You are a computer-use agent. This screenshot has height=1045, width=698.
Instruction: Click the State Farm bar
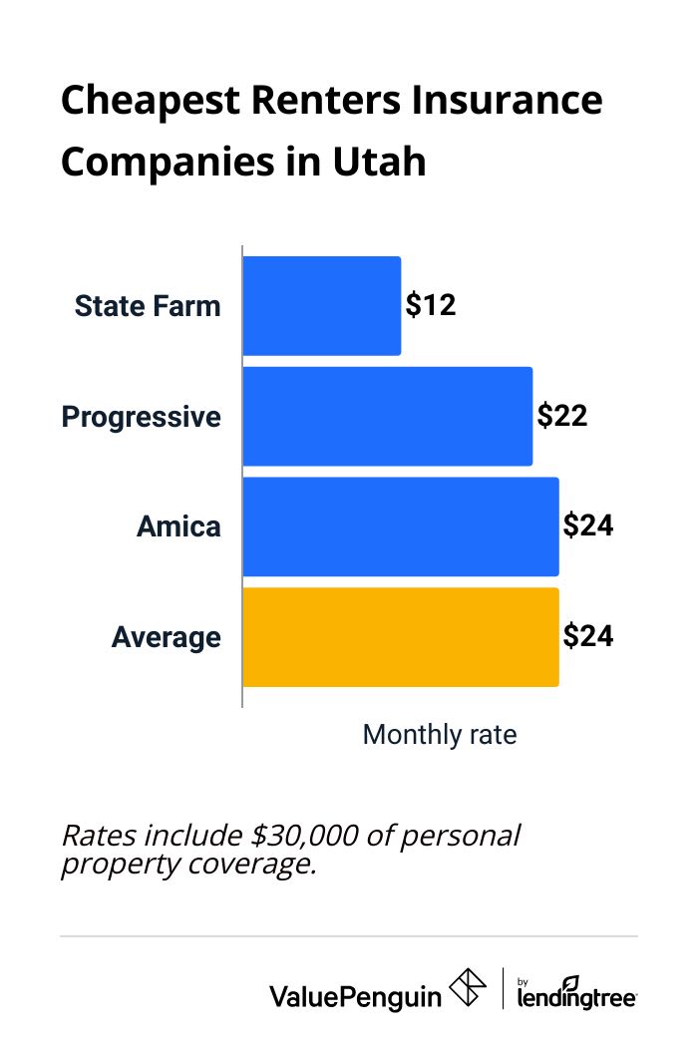321,305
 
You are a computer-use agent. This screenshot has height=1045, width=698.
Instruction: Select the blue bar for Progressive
387,416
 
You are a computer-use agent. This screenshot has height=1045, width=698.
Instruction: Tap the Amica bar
400,526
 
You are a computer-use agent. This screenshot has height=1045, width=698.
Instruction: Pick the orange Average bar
400,637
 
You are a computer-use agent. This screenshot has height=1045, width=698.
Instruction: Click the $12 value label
431,305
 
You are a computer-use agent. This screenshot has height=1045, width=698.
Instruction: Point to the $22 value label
562,416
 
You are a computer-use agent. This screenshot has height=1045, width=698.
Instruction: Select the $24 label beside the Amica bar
588,526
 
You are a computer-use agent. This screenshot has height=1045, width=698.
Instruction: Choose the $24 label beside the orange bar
588,637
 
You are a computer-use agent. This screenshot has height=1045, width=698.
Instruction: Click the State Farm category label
148,305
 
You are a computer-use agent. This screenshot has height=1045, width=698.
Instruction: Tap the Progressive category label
142,416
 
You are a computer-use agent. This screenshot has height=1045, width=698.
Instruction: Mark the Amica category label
178,526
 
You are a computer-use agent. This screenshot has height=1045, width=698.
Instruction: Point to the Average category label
166,637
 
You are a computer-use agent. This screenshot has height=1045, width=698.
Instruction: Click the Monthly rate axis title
440,735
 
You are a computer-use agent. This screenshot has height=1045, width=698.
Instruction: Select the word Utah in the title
383,161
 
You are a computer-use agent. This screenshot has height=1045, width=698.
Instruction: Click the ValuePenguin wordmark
355,994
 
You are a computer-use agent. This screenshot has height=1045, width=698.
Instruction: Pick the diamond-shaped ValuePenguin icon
468,989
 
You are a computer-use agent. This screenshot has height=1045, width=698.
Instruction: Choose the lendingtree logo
576,991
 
